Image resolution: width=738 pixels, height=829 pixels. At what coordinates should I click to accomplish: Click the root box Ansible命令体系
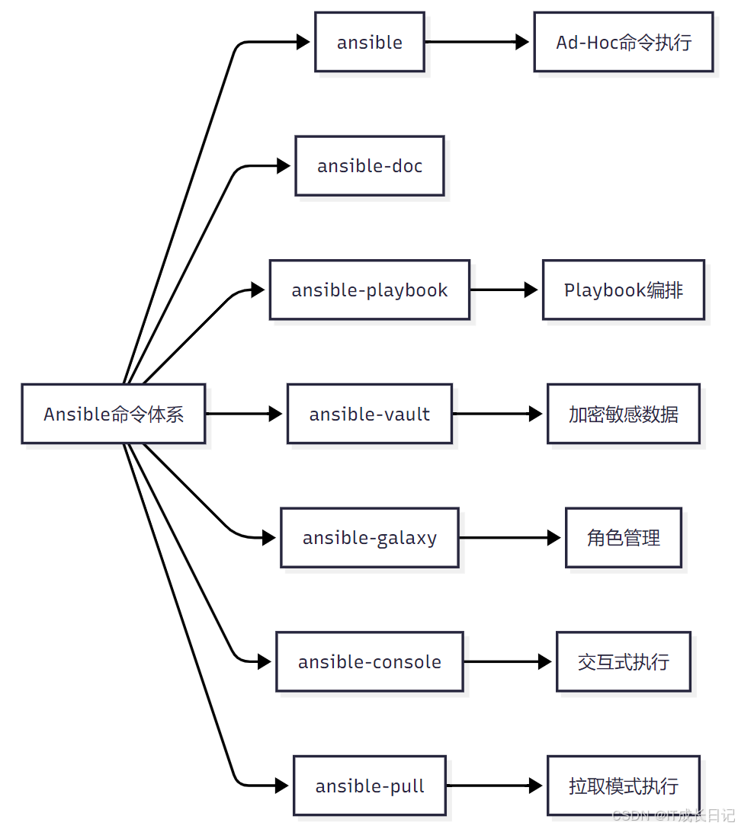(x=114, y=414)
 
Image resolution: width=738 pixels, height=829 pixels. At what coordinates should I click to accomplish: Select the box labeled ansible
(x=370, y=43)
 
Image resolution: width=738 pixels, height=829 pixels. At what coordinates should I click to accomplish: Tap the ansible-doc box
(x=370, y=166)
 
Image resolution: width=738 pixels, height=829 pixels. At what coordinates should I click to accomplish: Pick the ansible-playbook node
(x=370, y=290)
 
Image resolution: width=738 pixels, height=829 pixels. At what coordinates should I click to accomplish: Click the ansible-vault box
(x=370, y=414)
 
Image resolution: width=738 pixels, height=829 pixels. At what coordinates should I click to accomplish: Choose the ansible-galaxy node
(x=370, y=538)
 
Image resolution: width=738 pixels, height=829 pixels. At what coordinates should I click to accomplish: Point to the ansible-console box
(x=370, y=661)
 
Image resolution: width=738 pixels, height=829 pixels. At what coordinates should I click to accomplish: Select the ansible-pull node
(x=370, y=786)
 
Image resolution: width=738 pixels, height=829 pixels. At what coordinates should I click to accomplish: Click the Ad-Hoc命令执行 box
(x=624, y=43)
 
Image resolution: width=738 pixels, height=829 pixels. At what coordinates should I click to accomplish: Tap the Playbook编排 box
(x=624, y=290)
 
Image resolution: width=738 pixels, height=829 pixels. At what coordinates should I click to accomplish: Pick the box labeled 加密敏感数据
(x=624, y=414)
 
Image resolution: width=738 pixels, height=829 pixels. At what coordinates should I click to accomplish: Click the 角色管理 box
(x=624, y=538)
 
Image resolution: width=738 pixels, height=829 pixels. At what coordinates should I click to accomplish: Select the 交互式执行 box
(x=624, y=661)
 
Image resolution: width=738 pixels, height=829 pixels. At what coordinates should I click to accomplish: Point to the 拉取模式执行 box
(x=624, y=786)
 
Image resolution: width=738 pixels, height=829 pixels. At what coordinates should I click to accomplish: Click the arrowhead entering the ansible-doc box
(x=283, y=166)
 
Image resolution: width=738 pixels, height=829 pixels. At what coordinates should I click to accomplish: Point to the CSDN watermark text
(x=672, y=816)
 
